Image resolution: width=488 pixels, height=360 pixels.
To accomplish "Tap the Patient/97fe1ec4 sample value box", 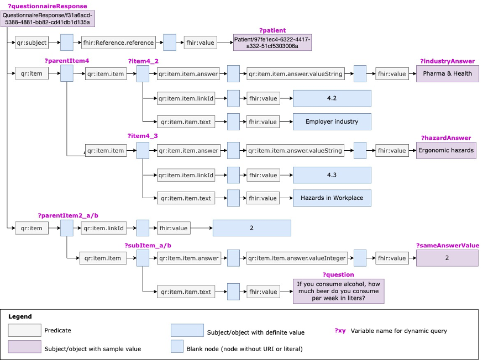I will coord(272,43).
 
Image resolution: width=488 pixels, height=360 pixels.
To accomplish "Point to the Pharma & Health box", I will coord(447,73).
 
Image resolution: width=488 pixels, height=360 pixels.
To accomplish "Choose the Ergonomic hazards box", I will coord(445,150).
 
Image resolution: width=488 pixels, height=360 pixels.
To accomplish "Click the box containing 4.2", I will coord(332,98).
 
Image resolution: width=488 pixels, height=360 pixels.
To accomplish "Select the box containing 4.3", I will coord(332,175).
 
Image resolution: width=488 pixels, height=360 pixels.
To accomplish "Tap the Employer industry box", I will coord(332,121).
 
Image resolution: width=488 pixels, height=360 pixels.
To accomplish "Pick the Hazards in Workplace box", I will coord(332,198).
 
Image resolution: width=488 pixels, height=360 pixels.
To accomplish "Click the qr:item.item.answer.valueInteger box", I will coord(296,258).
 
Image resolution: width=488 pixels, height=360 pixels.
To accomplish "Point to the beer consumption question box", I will coord(338,291).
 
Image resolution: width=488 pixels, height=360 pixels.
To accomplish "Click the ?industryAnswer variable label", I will coord(447,61).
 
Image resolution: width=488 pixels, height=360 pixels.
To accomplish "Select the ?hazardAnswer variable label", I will coord(445,138).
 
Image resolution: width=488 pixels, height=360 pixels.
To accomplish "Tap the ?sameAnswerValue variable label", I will coord(447,246).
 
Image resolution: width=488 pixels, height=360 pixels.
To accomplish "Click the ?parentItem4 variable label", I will coord(66,60).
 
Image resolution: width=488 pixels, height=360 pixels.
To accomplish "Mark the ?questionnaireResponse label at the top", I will coord(47,6).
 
